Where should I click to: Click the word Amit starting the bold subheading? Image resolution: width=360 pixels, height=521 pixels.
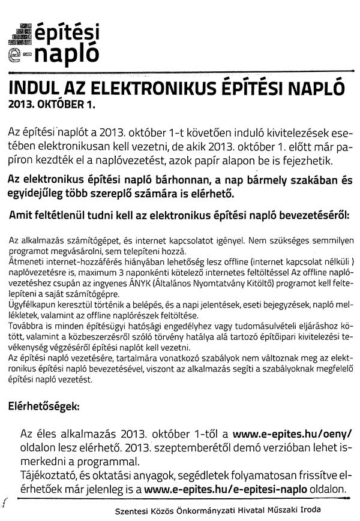pos(22,215)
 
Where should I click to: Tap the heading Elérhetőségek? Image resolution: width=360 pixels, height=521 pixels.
pos(43,406)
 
